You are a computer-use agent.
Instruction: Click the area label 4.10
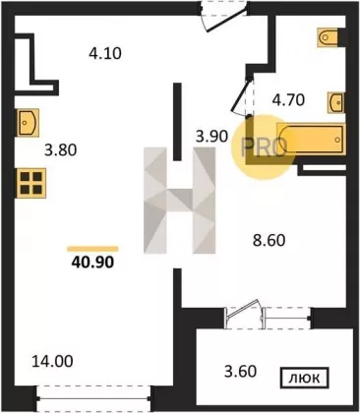(105, 53)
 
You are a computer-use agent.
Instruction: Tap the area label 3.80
(61, 150)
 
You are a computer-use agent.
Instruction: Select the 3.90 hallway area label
(211, 136)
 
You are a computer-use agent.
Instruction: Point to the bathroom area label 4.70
(288, 100)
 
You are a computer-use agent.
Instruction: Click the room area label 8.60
(269, 241)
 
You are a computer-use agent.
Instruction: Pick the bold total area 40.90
(92, 262)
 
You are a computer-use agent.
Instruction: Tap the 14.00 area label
(52, 362)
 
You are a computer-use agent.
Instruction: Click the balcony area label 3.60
(240, 372)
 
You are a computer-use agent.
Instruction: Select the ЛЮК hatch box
(304, 379)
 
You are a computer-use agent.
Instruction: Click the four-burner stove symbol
(31, 183)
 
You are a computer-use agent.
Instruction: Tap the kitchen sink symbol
(28, 123)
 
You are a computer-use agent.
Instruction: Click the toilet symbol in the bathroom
(328, 36)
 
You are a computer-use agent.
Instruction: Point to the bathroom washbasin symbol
(336, 103)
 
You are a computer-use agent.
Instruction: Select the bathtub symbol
(311, 139)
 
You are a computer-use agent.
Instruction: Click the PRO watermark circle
(264, 147)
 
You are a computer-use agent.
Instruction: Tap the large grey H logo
(180, 201)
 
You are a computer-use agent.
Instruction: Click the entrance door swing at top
(224, 17)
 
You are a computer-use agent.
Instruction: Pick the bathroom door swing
(242, 96)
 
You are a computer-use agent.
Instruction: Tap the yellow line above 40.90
(92, 249)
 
